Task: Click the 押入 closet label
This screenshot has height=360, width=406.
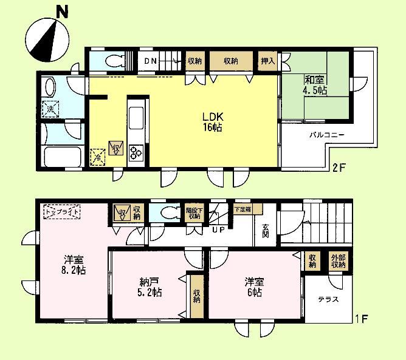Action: tap(267, 61)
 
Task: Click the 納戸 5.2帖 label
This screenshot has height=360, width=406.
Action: tap(148, 287)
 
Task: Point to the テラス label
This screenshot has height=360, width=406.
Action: tap(328, 299)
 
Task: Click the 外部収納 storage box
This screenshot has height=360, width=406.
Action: tap(338, 261)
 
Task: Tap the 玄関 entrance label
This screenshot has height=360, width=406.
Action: tap(266, 233)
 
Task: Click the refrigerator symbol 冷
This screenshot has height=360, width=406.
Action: tap(97, 157)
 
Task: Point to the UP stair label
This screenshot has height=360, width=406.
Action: tap(218, 229)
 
